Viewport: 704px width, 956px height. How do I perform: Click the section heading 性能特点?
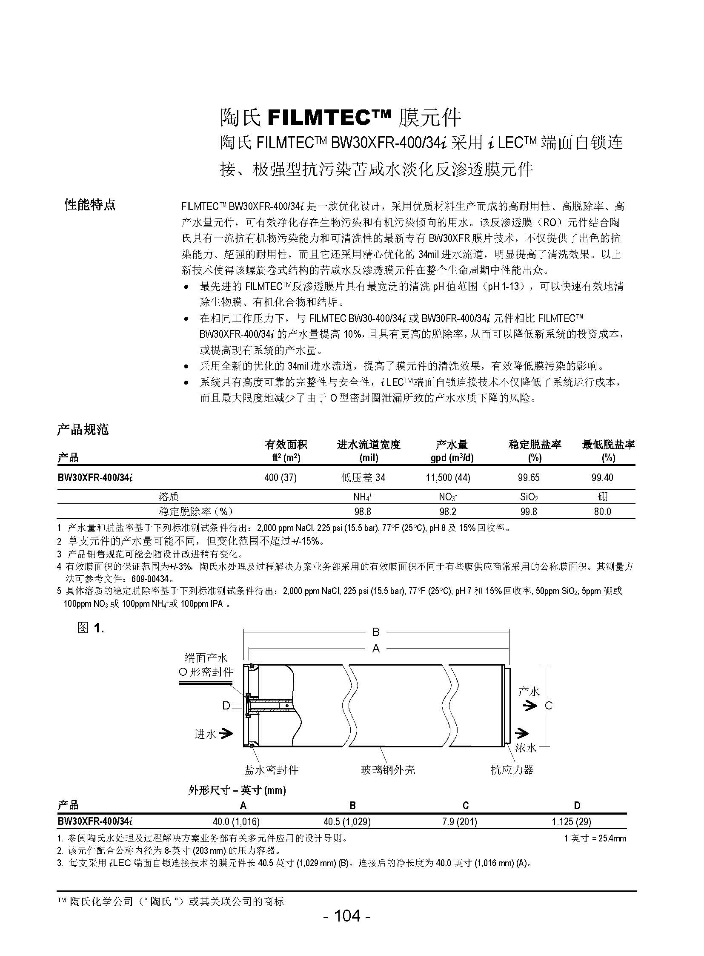coord(90,205)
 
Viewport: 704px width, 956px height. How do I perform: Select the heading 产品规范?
coord(83,429)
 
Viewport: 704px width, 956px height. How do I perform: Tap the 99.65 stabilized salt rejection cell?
coord(529,477)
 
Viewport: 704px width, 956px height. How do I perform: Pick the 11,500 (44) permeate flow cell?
coord(448,477)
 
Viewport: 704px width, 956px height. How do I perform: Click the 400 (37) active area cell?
coord(280,477)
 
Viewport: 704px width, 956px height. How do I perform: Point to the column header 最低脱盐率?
coord(608,445)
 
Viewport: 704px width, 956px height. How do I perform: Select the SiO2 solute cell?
coord(529,497)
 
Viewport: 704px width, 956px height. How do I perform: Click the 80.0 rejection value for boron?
coord(602,511)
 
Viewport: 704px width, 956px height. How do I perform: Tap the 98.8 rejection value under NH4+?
coord(363,511)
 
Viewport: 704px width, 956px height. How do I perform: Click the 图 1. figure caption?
coord(90,628)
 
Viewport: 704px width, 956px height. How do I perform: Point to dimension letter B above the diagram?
coord(376,632)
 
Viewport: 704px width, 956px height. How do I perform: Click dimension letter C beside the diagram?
coord(549,706)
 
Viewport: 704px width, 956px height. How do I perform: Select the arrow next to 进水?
coord(227,733)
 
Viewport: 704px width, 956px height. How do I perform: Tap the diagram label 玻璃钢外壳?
coord(388,769)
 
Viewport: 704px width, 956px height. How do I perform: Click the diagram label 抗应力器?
coord(512,769)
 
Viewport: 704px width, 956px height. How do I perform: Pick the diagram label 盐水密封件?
coord(271,769)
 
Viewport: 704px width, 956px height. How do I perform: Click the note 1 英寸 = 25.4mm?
coord(595,838)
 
